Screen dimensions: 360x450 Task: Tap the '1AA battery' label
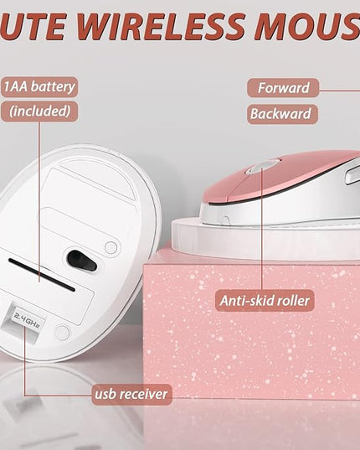click(39, 86)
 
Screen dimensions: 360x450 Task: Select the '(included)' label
click(39, 111)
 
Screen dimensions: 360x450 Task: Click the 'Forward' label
click(283, 88)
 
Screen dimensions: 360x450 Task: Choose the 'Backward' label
click(283, 114)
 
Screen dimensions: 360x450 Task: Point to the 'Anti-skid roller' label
click(265, 301)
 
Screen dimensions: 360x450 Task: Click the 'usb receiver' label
click(131, 394)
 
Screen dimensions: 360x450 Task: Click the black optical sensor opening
click(81, 261)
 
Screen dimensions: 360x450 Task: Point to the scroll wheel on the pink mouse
click(261, 167)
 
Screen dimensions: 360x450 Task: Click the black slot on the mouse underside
click(42, 275)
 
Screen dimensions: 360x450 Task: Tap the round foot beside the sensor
click(111, 247)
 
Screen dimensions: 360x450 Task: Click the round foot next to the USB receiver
click(62, 333)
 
